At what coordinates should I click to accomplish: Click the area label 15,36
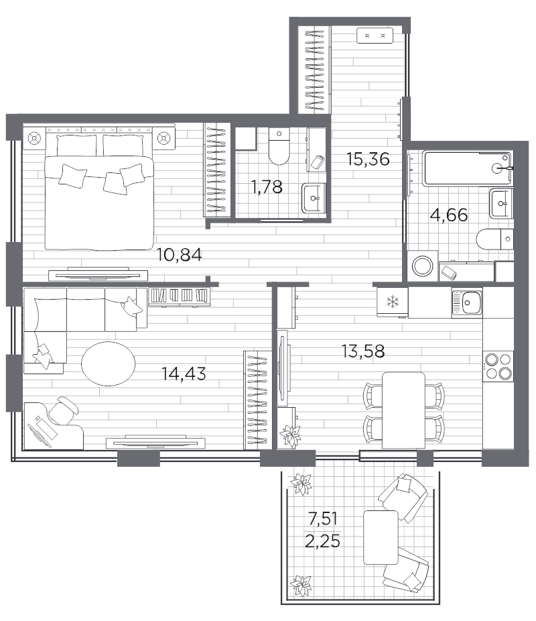(x=368, y=159)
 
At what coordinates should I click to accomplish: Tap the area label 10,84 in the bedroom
(x=179, y=255)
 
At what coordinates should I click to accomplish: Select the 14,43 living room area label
(x=184, y=374)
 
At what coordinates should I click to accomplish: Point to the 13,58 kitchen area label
(x=363, y=351)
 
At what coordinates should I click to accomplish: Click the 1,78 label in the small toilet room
(x=267, y=186)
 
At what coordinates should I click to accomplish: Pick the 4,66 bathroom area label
(x=449, y=215)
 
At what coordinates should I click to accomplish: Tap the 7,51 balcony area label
(x=322, y=518)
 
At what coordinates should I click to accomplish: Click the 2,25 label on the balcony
(x=322, y=541)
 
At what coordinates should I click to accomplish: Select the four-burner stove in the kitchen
(x=498, y=366)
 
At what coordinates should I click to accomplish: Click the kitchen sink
(x=467, y=303)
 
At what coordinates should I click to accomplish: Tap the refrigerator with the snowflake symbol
(x=393, y=302)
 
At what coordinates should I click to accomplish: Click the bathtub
(x=468, y=168)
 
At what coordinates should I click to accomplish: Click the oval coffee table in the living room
(x=109, y=363)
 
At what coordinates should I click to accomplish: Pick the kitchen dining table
(x=403, y=410)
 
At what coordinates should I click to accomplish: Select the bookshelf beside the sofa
(x=179, y=296)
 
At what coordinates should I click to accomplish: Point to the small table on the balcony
(x=381, y=537)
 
